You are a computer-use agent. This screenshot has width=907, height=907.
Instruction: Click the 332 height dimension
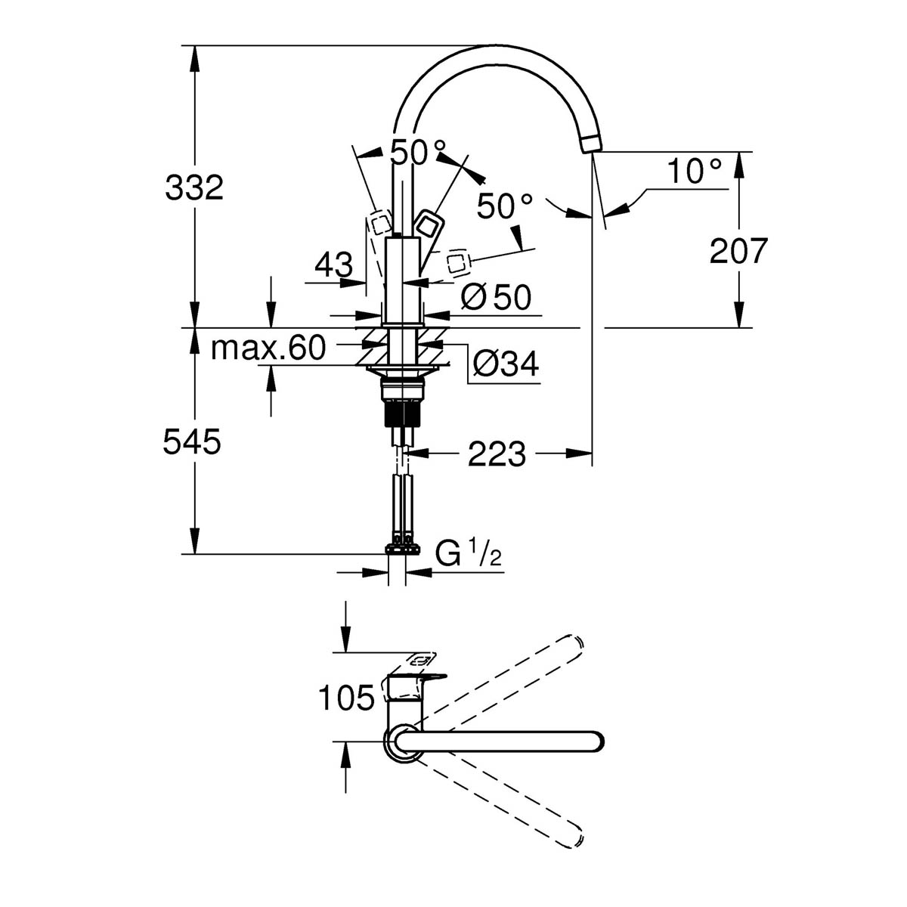[194, 187]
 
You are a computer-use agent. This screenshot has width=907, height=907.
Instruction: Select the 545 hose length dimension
[192, 443]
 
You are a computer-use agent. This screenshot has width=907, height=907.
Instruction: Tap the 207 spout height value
[738, 251]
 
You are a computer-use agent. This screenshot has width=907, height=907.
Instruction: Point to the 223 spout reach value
[497, 454]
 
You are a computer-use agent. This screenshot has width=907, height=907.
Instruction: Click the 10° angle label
[695, 172]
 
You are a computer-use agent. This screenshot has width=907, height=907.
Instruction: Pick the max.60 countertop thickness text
[268, 348]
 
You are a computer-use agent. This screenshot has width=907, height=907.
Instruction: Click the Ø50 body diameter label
[496, 298]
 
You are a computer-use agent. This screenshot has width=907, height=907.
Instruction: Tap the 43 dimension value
[333, 265]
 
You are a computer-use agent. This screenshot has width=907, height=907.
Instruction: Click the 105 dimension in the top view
[346, 698]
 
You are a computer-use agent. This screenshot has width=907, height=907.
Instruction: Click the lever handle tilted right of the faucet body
[429, 227]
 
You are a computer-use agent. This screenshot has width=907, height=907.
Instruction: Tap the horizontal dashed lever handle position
[459, 263]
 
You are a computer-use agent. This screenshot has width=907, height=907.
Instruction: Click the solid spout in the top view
[499, 741]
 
